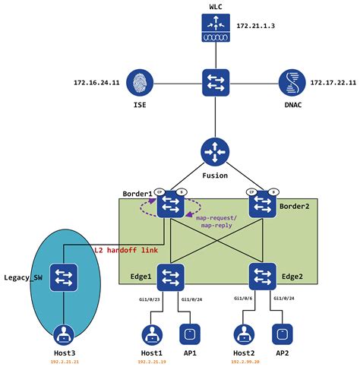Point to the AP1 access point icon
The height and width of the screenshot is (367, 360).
190,335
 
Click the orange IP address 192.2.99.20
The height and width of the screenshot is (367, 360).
245,362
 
